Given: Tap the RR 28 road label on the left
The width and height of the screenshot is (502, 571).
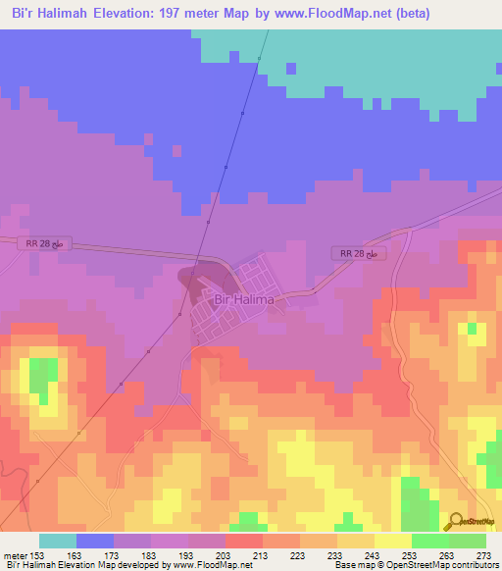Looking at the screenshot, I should click(x=44, y=241).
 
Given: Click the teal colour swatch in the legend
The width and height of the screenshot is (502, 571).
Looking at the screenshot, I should click(x=58, y=541).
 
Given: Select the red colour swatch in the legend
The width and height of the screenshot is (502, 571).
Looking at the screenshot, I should click(x=244, y=541).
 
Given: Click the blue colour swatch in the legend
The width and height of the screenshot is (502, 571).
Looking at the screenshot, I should click(x=95, y=541).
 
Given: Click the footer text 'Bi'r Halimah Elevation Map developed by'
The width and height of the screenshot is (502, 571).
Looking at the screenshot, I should click(x=82, y=566).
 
